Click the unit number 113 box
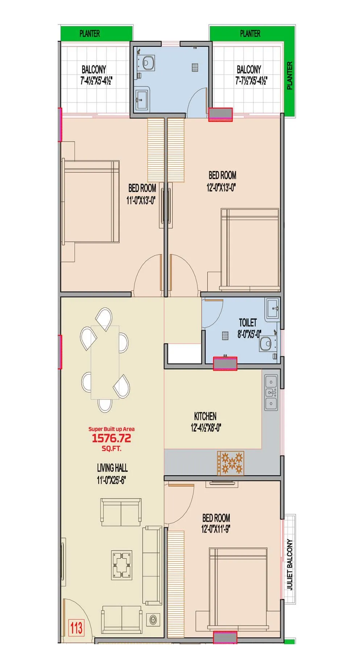pyautogui.click(x=76, y=628)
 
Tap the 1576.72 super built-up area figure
pyautogui.click(x=111, y=438)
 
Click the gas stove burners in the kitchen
pyautogui.click(x=231, y=463)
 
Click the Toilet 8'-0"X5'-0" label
pyautogui.click(x=248, y=328)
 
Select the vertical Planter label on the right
pyautogui.click(x=289, y=75)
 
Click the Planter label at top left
pyautogui.click(x=90, y=34)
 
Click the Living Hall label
pyautogui.click(x=112, y=474)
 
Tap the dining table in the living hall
pyautogui.click(x=105, y=362)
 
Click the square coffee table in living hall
pyautogui.click(x=121, y=564)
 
